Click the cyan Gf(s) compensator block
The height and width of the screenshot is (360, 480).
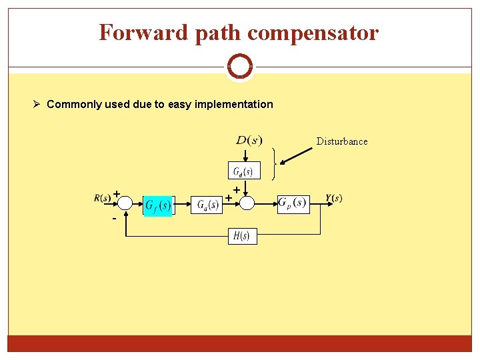[x=158, y=205]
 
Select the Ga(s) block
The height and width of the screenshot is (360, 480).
[x=207, y=205]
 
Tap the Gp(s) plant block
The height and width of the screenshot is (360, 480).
[x=293, y=203]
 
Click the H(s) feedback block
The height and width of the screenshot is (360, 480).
[x=242, y=236]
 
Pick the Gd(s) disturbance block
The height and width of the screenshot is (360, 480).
[x=242, y=171]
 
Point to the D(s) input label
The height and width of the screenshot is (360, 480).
[x=249, y=140]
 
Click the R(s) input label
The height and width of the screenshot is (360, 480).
[x=102, y=198]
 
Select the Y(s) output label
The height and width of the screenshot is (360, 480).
[x=334, y=198]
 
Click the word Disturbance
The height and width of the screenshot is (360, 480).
[x=341, y=141]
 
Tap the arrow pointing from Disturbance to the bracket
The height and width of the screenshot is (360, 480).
[x=297, y=155]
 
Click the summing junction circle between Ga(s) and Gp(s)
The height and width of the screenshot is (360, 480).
[x=246, y=203]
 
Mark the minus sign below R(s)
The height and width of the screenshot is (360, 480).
[x=114, y=219]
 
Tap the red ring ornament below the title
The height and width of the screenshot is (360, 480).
[x=239, y=67]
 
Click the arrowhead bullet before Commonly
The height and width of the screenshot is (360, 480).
[x=39, y=104]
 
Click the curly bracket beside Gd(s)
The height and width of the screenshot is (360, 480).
[x=274, y=163]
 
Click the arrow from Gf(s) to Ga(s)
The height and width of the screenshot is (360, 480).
[x=182, y=204]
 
